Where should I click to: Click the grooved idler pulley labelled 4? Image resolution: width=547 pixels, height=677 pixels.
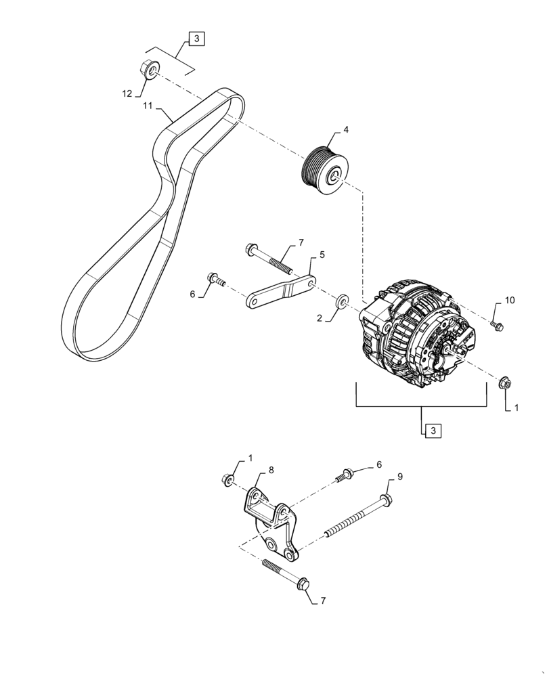coord(324,172)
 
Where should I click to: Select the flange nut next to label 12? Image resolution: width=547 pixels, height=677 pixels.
coord(149,68)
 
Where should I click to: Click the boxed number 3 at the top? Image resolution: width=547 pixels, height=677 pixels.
coord(195,39)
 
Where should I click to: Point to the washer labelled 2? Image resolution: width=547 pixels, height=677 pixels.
coord(342,301)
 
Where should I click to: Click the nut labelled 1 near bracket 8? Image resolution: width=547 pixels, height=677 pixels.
coord(228,480)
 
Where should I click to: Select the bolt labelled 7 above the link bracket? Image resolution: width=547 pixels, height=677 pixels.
coord(267,255)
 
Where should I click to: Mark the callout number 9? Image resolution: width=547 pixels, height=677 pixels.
coord(399,477)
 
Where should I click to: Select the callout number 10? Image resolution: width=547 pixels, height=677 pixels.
coord(509,300)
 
